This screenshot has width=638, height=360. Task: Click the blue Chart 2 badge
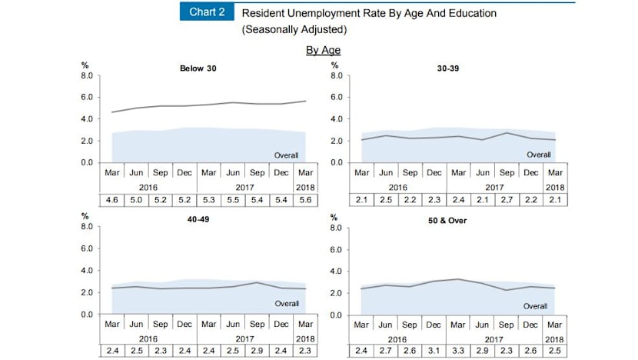coord(206,12)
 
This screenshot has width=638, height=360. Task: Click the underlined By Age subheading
coord(323,50)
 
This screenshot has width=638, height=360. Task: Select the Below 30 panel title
coord(198,68)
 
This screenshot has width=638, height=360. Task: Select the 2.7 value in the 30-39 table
coord(505,201)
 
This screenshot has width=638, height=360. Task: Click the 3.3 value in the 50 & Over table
coord(458,352)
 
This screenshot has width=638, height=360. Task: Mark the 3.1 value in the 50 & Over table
coord(434,352)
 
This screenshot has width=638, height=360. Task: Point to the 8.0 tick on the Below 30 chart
coord(87,76)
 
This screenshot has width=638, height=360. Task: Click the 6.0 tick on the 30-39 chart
coord(336,98)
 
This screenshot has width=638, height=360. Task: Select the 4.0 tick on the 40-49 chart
coord(87,271)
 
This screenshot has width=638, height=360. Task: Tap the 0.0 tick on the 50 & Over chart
coord(336,315)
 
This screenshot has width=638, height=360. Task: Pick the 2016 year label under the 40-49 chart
coord(149,338)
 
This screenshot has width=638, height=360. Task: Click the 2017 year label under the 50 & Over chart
coord(493,338)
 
